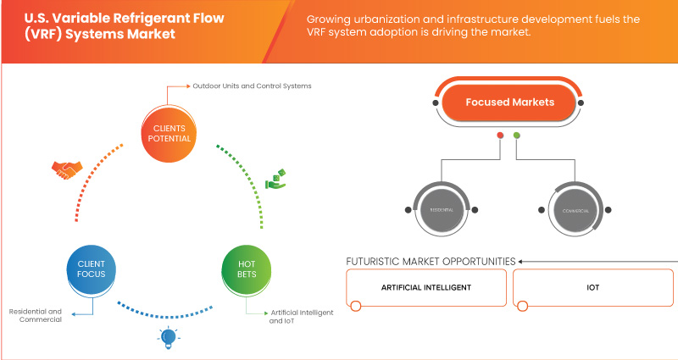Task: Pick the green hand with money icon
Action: pyautogui.click(x=276, y=179)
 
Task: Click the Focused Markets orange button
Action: pyautogui.click(x=509, y=102)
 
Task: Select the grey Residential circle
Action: pyautogui.click(x=439, y=208)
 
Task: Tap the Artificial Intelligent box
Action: pyautogui.click(x=426, y=287)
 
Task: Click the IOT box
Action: pyautogui.click(x=592, y=287)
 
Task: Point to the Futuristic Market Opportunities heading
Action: pyautogui.click(x=431, y=261)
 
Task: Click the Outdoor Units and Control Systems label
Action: pyautogui.click(x=252, y=86)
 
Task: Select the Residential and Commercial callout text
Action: pyautogui.click(x=36, y=316)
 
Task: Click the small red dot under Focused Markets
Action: pyautogui.click(x=501, y=135)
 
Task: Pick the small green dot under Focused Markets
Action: pyautogui.click(x=517, y=135)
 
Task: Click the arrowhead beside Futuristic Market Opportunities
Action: pyautogui.click(x=522, y=261)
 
